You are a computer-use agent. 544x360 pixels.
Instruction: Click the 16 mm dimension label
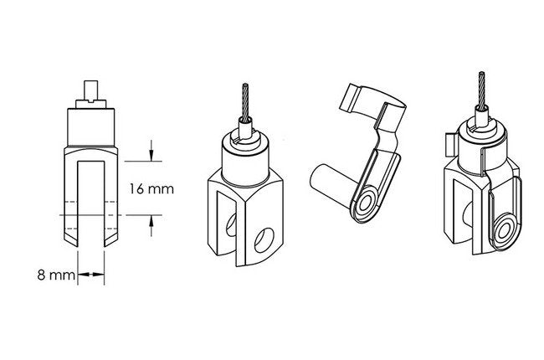[x=151, y=189]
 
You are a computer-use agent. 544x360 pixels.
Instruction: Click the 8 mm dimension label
[x=56, y=275]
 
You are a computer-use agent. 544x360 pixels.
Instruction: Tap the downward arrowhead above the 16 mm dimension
[x=151, y=156]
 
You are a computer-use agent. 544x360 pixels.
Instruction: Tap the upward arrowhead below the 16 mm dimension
[x=151, y=221]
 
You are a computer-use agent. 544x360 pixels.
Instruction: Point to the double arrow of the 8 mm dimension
[x=91, y=275]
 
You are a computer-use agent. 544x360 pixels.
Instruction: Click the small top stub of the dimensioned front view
[x=91, y=90]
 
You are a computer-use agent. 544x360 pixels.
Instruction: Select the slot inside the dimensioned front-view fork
[x=91, y=204]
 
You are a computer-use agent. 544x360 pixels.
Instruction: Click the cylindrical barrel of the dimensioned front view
[x=91, y=126]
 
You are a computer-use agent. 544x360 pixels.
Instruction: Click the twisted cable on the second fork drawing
[x=245, y=101]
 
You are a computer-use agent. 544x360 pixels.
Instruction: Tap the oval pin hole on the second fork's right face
[x=264, y=240]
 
